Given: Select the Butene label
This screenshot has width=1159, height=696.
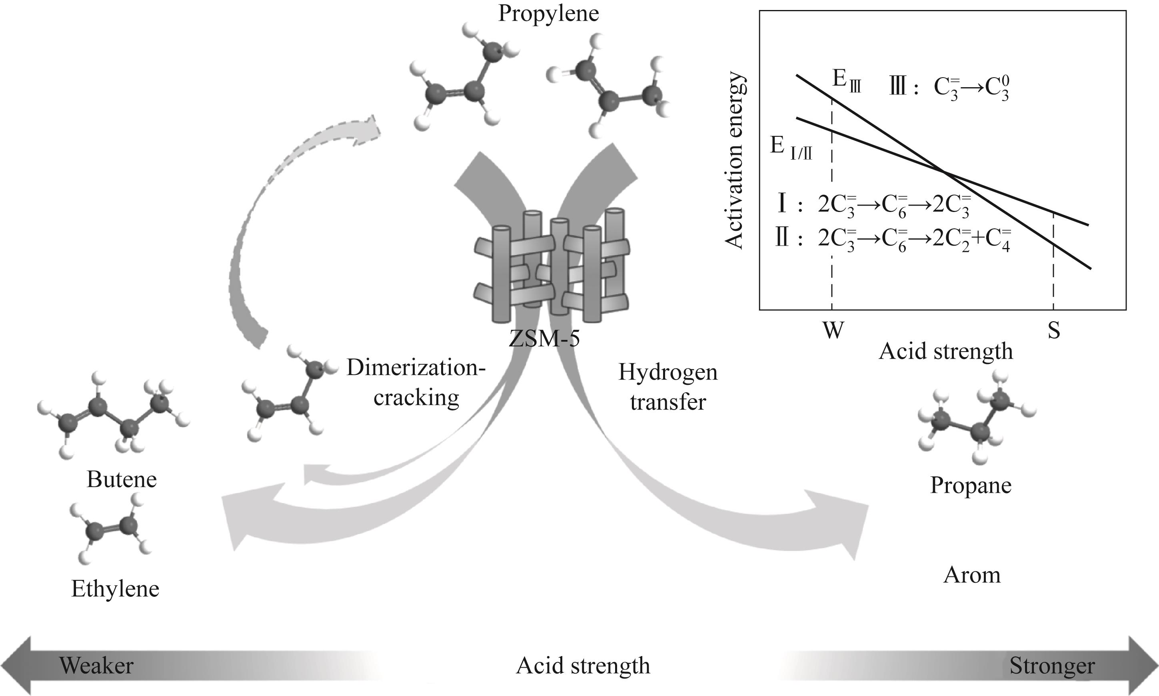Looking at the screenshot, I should [122, 480].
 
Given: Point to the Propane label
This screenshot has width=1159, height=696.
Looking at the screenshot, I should [971, 486].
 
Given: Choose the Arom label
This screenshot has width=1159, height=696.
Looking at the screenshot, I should [971, 575].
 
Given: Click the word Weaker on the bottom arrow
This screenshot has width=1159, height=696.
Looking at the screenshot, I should [96, 666].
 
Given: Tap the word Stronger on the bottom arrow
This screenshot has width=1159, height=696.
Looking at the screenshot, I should [1052, 666].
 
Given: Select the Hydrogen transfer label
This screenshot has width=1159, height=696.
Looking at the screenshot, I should [667, 387].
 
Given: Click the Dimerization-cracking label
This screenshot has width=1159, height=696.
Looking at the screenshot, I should [416, 383].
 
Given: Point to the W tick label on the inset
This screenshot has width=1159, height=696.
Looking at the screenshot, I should [833, 331].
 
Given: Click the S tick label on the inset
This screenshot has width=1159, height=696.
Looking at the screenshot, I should [1053, 331].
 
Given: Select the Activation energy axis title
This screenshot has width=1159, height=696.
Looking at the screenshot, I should [734, 160].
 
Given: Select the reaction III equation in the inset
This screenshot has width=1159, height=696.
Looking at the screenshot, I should [949, 88].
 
